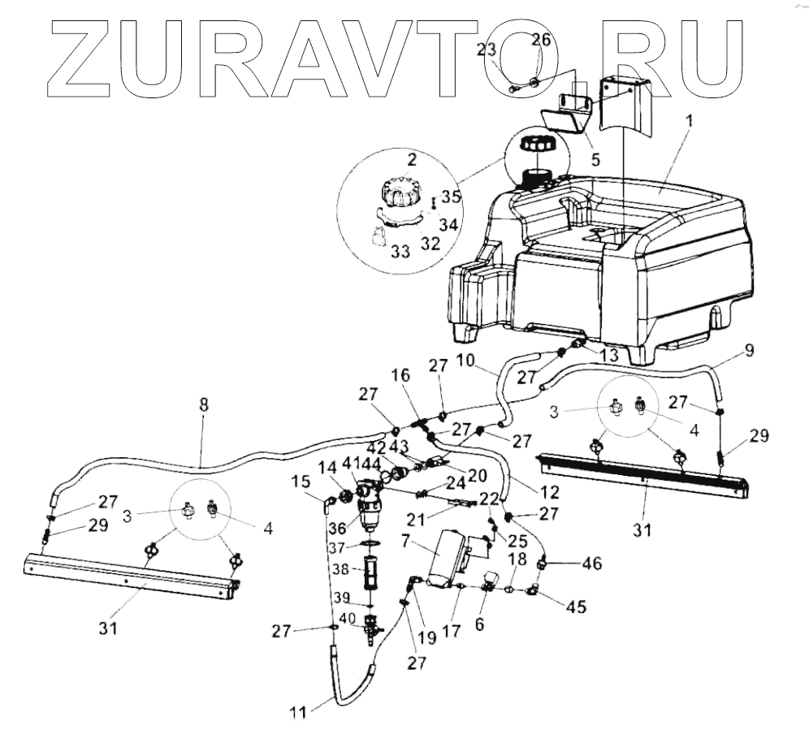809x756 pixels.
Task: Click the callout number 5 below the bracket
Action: pos(595,160)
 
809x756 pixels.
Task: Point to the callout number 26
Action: pos(541,40)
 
